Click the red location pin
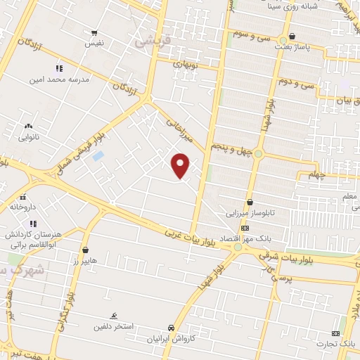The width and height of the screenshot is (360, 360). pos(181,165)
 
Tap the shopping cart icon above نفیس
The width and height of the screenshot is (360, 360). pos(94,32)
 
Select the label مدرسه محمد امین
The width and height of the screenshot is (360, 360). pos(60,80)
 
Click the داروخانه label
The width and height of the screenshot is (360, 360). pos(22,207)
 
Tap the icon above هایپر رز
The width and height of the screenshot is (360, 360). pos(85,250)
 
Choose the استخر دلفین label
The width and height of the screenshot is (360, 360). pos(113,327)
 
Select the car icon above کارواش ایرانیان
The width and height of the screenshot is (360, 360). pos(171,328)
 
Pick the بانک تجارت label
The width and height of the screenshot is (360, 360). pos(342,344)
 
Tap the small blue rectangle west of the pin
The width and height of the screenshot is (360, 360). pos(98,155)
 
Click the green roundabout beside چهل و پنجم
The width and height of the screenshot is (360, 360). pos(258,154)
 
